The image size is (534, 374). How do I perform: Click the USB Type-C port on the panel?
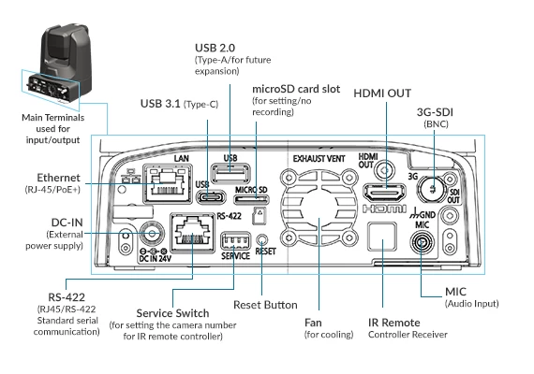(212, 197)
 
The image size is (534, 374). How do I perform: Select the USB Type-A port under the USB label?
(230, 173)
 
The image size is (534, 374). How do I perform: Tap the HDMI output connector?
(385, 194)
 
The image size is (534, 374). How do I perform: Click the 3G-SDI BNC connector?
(432, 189)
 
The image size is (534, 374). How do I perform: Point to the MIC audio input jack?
(423, 243)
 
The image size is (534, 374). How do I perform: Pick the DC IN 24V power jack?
(152, 234)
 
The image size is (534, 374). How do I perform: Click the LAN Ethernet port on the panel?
(168, 184)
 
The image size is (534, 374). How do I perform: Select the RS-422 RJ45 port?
(192, 233)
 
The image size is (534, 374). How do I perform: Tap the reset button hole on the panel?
(261, 239)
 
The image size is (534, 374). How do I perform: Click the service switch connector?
(236, 242)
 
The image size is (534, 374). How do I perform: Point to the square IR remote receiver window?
(382, 237)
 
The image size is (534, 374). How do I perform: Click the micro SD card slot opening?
(252, 199)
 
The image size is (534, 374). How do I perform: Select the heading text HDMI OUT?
(382, 93)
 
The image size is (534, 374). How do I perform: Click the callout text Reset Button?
(265, 305)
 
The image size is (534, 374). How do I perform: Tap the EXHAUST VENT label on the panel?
(319, 159)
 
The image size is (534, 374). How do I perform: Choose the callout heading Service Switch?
(172, 313)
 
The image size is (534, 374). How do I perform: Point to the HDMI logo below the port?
(384, 209)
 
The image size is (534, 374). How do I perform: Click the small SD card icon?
(260, 216)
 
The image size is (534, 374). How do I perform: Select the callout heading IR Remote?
(394, 323)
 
